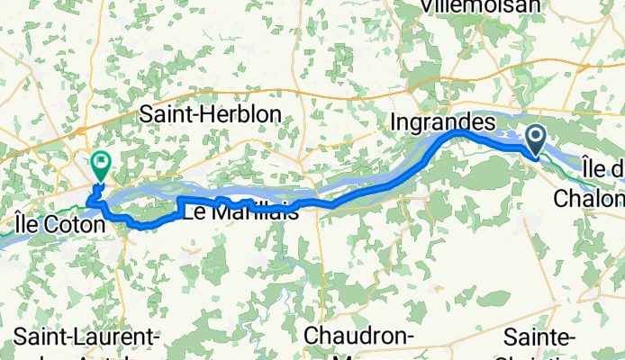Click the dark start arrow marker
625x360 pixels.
535,139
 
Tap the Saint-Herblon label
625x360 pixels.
211,114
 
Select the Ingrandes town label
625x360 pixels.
443,120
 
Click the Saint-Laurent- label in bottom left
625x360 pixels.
86,337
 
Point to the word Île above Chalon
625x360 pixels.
594,168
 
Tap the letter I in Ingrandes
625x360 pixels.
394,120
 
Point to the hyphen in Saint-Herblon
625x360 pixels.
205,115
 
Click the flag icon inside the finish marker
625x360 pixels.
102,163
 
